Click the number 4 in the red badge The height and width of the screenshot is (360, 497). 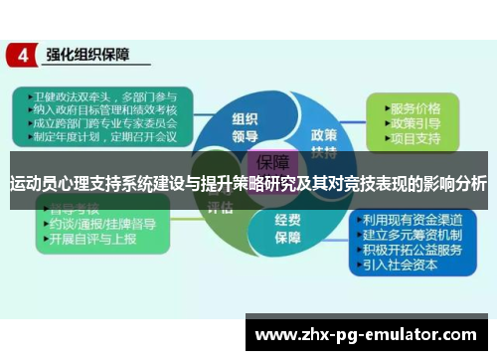click(21, 55)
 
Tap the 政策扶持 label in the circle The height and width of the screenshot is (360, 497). click(323, 140)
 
